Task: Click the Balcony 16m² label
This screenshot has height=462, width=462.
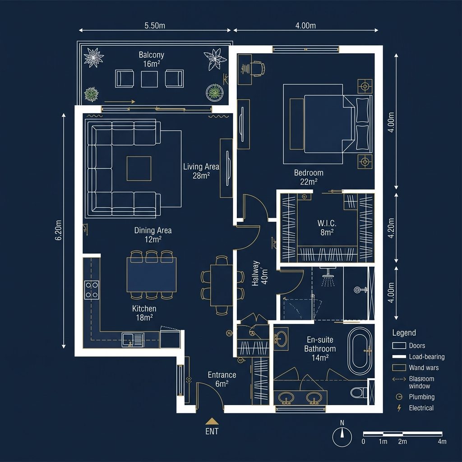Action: point(152,59)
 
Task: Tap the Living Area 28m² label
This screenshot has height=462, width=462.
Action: point(201,171)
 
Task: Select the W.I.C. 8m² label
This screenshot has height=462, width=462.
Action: point(327,227)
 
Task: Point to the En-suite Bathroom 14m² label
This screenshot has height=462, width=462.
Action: point(320,349)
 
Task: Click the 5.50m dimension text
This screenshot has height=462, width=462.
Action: point(155,26)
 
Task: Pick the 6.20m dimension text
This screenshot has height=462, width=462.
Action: point(58,230)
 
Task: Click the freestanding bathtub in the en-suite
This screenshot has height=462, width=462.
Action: point(360,351)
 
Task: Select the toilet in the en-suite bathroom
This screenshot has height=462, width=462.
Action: point(359,393)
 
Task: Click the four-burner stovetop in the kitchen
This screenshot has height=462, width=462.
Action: point(92,290)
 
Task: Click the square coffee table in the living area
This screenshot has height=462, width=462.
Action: point(139,169)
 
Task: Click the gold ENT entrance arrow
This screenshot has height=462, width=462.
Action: point(212,421)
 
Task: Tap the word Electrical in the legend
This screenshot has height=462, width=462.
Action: point(421,408)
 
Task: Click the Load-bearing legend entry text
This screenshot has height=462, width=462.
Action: point(427,357)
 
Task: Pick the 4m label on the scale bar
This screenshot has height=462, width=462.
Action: point(442,441)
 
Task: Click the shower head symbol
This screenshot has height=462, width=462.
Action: point(328,277)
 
